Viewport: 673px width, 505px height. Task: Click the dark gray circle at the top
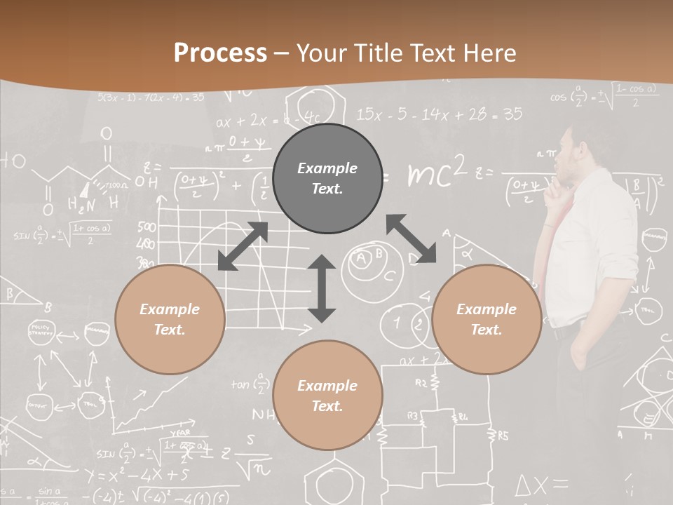(327, 178)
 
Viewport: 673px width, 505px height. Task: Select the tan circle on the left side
(170, 319)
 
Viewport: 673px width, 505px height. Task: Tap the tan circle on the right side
(487, 319)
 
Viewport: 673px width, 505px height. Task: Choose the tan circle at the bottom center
(327, 395)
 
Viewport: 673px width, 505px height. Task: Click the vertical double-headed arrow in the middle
(322, 288)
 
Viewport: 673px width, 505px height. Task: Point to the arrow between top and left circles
(243, 246)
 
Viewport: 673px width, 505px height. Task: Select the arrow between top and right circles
(412, 238)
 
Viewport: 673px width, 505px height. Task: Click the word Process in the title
(220, 53)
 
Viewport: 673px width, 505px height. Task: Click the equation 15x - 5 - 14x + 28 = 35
(440, 114)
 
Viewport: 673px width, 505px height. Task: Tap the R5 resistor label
(503, 436)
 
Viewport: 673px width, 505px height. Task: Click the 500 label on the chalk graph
(147, 227)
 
